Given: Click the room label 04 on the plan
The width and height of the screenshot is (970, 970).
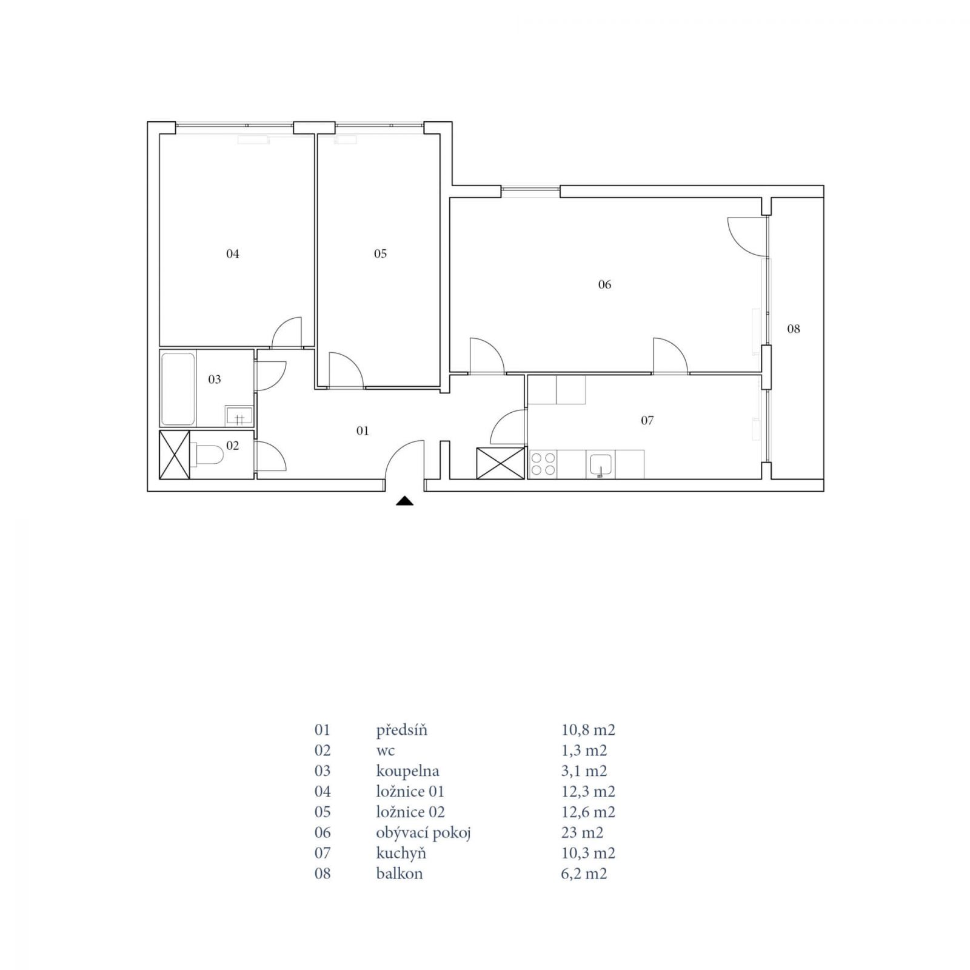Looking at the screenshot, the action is click(233, 254).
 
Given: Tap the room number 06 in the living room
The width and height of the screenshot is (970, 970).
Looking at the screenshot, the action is click(604, 285).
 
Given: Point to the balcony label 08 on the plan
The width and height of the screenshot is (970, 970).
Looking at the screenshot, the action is click(794, 329).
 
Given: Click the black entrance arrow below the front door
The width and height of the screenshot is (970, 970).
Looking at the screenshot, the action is click(404, 501).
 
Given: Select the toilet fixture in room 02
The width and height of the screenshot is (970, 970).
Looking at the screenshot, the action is click(206, 454).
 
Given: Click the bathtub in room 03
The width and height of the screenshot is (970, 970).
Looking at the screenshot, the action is click(178, 389).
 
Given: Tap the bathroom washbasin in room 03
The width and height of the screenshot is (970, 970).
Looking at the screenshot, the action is click(239, 416).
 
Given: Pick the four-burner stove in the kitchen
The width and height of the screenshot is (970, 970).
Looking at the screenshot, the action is click(543, 464).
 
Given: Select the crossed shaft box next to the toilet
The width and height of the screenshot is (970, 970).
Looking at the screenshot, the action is click(175, 455).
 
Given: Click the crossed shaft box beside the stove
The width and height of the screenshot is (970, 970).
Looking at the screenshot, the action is click(501, 463).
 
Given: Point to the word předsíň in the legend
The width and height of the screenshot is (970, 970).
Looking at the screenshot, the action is click(401, 730).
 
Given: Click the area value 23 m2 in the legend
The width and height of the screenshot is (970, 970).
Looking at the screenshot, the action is click(582, 832).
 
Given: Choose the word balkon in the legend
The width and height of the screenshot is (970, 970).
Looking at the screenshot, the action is click(400, 874).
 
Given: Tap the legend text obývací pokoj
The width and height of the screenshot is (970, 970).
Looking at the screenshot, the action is click(423, 833).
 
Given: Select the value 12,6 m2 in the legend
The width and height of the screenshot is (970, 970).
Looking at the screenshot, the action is click(588, 812).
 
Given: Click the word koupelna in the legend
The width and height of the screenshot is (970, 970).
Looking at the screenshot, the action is click(407, 771).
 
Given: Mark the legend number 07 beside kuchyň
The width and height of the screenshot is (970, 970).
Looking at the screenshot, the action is click(323, 853).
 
